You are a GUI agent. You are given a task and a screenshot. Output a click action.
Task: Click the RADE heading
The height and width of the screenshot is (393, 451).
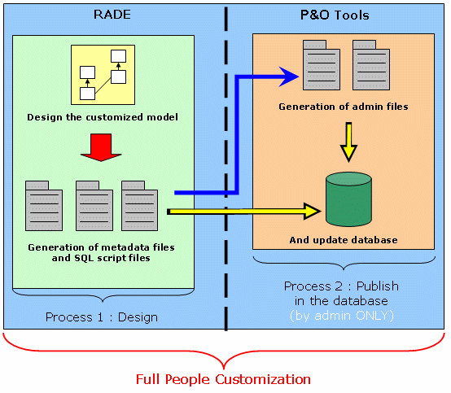click(112, 15)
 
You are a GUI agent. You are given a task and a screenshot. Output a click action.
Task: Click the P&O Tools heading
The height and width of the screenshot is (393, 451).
click(335, 15)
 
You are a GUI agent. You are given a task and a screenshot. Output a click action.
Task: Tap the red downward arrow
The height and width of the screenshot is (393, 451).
click(101, 147)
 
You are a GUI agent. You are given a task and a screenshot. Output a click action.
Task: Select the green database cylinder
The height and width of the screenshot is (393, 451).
click(348, 199)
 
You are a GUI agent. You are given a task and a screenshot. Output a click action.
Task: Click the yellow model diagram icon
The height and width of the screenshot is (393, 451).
click(103, 75)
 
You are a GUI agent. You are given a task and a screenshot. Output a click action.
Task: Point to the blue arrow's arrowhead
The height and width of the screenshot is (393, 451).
click(289, 76)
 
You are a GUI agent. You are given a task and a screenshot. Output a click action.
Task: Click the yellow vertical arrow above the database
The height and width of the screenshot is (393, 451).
click(348, 142)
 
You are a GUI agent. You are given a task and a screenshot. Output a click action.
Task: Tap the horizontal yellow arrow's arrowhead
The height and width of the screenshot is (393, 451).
click(313, 212)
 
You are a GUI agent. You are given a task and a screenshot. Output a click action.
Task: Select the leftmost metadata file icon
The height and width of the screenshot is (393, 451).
click(44, 206)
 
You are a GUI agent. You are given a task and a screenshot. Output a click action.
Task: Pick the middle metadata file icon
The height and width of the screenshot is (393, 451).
click(94, 206)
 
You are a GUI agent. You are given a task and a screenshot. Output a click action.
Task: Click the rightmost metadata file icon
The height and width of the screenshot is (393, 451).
click(139, 206)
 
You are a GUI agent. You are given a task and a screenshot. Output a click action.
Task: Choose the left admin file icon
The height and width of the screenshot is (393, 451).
click(322, 65)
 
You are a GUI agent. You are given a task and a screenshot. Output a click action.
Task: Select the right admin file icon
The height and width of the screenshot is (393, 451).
click(371, 65)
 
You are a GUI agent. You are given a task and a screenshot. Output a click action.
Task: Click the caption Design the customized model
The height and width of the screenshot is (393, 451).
click(103, 117)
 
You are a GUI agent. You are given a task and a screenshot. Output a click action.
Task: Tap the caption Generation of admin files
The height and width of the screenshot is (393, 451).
click(344, 107)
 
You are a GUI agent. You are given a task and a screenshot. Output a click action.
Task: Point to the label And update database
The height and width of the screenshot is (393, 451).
click(344, 240)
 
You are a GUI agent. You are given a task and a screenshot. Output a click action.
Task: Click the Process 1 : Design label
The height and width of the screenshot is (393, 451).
click(102, 317)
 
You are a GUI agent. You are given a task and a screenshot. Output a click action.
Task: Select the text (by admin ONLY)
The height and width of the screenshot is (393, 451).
click(342, 316)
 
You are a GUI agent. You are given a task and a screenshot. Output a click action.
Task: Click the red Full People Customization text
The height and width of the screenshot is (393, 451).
click(223, 379)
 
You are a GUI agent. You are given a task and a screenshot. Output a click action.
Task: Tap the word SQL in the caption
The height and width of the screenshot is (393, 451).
click(84, 258)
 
